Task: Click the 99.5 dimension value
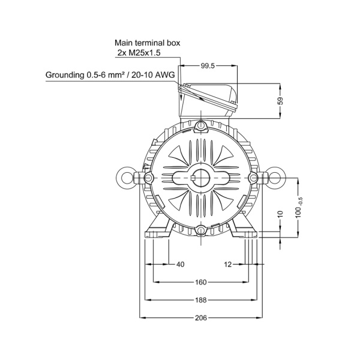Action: click(x=208, y=66)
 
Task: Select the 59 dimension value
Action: click(x=281, y=101)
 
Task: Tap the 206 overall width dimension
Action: click(x=201, y=318)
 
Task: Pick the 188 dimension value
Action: click(x=201, y=300)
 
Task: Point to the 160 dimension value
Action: click(x=201, y=282)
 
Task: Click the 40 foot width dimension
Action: click(x=181, y=265)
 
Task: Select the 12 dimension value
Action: click(x=228, y=265)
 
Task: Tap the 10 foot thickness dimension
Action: click(x=281, y=214)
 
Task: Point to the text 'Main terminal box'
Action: click(x=148, y=43)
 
